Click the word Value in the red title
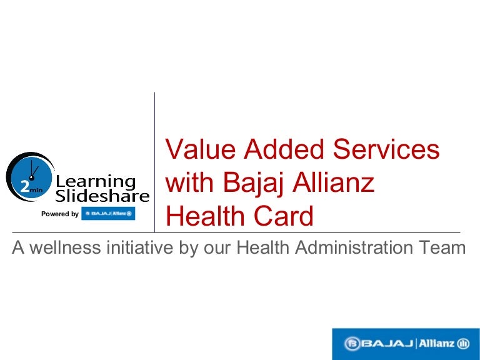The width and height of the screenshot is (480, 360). click(x=201, y=149)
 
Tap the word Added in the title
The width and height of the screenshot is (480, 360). click(x=284, y=149)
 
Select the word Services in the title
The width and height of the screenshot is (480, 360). click(x=386, y=149)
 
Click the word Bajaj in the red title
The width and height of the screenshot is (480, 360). click(x=252, y=182)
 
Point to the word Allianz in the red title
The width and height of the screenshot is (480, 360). click(x=333, y=182)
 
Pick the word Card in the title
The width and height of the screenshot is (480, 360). click(x=284, y=216)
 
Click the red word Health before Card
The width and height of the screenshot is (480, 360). click(x=206, y=216)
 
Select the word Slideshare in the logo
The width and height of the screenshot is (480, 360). click(x=102, y=196)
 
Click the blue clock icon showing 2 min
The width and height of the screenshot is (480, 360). click(x=30, y=177)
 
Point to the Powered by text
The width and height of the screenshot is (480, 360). click(x=60, y=214)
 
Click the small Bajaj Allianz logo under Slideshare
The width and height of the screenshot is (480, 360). click(x=108, y=214)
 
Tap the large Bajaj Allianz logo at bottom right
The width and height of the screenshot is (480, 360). click(x=406, y=344)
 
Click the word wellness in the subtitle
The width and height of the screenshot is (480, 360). click(x=65, y=247)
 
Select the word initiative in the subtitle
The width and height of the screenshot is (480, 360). click(x=140, y=247)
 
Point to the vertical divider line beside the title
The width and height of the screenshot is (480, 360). click(x=154, y=162)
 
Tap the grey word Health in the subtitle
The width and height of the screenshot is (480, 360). click(x=262, y=247)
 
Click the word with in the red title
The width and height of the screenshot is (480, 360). click(x=189, y=182)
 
